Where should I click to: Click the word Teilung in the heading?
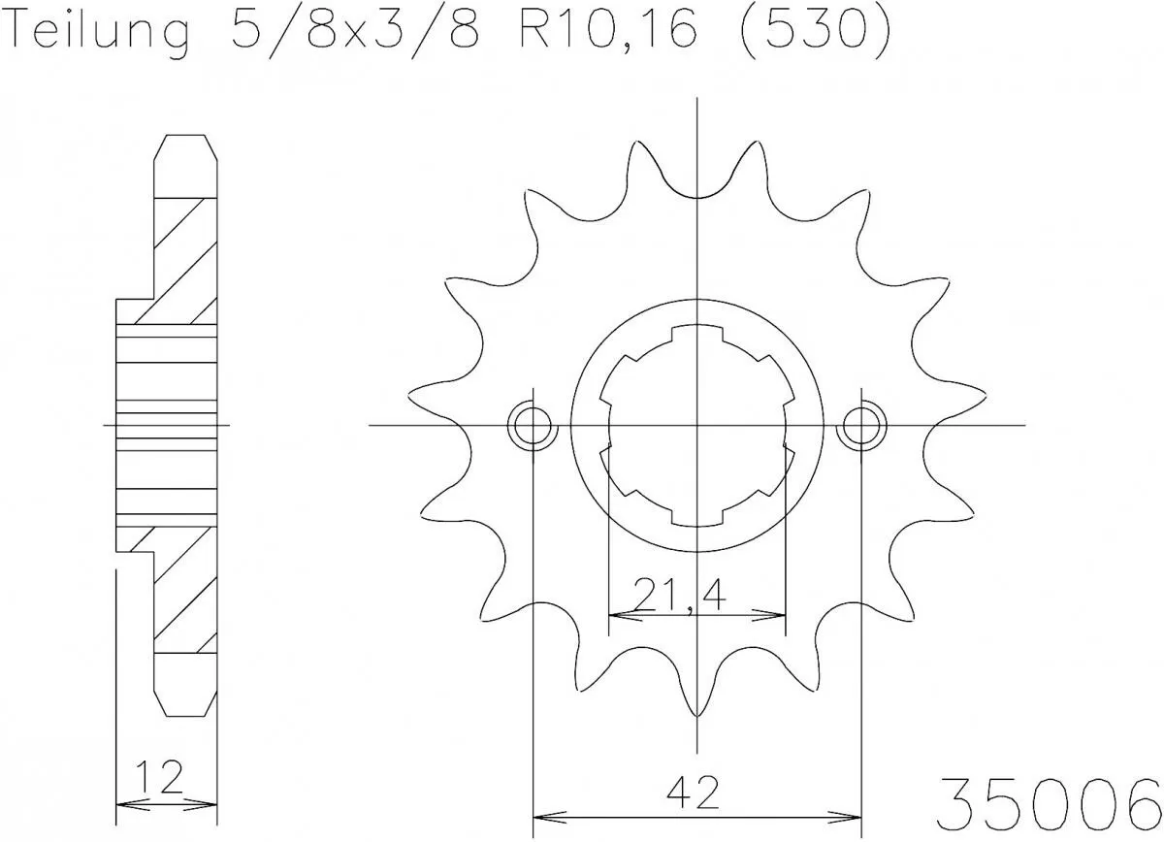[96, 32]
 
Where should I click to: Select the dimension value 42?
[697, 794]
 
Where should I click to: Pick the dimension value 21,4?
[679, 595]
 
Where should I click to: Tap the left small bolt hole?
[533, 425]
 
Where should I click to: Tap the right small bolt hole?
[861, 425]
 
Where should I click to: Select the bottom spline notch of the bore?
[697, 514]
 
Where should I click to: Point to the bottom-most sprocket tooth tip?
[697, 715]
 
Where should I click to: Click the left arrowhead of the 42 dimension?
[541, 816]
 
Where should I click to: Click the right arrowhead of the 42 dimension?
[854, 816]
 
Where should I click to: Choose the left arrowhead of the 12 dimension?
[122, 803]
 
